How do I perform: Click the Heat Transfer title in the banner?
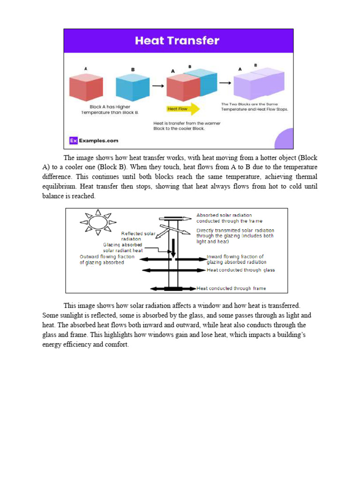(177, 41)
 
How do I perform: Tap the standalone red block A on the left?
(86, 88)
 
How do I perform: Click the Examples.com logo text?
(98, 140)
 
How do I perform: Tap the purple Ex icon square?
(73, 140)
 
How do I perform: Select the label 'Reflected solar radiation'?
(138, 235)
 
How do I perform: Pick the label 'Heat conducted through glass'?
(240, 270)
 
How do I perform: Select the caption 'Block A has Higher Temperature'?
(110, 110)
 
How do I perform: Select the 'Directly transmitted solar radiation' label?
(235, 236)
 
